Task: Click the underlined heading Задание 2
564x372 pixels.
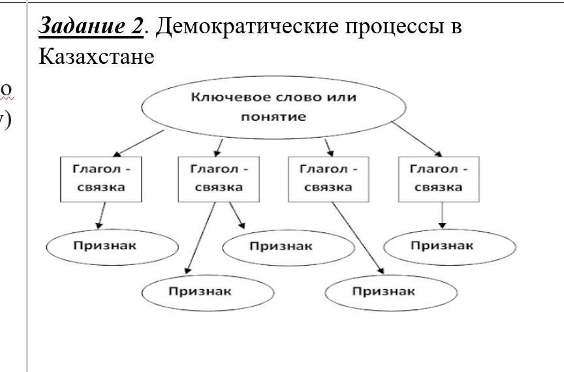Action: tap(91, 26)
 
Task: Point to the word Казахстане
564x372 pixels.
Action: tap(97, 57)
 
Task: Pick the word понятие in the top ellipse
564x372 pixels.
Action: tap(274, 117)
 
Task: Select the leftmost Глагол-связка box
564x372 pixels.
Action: tap(101, 178)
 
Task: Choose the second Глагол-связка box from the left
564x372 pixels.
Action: tap(219, 178)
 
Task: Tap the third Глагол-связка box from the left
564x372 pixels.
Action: tap(328, 178)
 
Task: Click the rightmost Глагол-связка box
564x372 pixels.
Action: tap(439, 178)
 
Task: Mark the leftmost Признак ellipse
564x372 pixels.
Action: tap(112, 246)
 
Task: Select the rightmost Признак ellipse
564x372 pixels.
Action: tap(449, 246)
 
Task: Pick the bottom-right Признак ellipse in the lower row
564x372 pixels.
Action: tap(390, 292)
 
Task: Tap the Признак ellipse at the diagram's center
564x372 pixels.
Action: tap(288, 247)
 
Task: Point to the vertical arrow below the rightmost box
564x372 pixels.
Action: tap(443, 215)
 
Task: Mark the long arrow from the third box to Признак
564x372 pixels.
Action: tap(357, 238)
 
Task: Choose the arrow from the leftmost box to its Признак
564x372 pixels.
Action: tap(101, 215)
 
